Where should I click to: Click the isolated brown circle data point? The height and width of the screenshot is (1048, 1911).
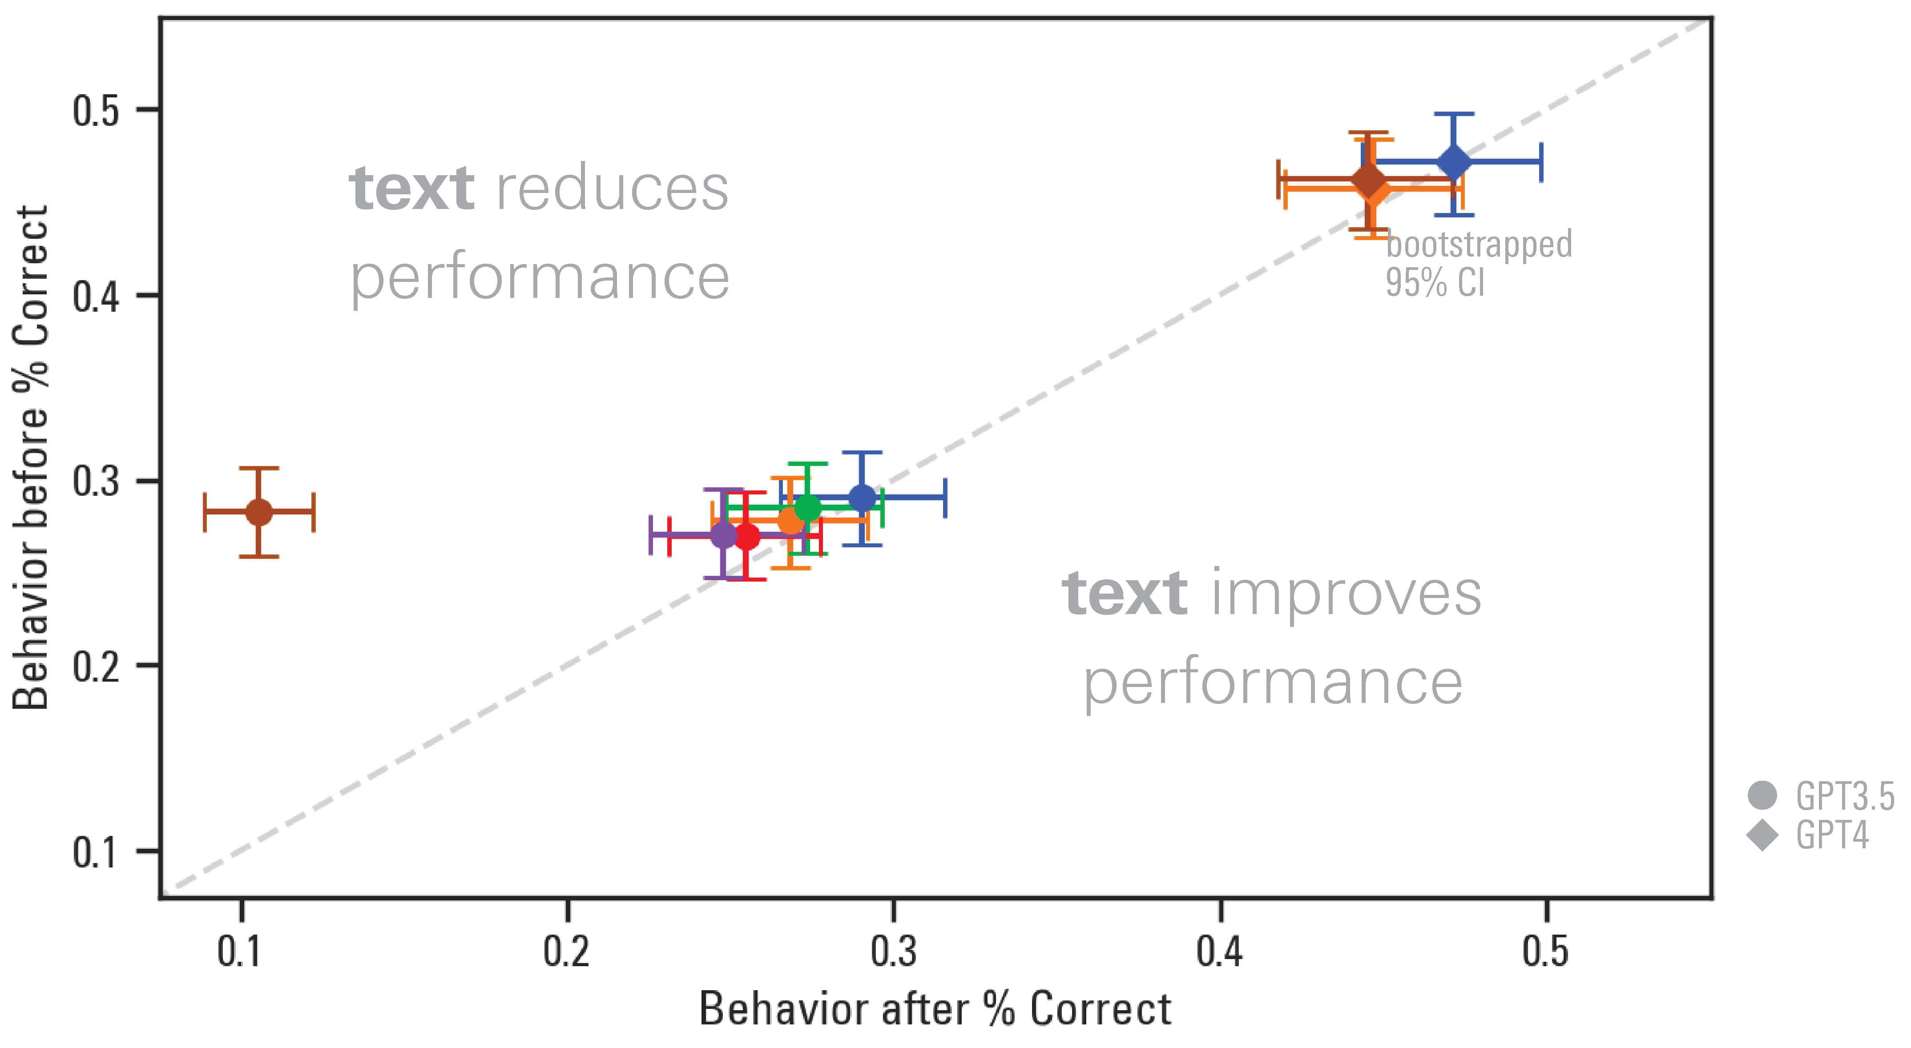259,512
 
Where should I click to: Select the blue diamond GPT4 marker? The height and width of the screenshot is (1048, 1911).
1454,162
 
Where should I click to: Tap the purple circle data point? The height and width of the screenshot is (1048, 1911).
723,535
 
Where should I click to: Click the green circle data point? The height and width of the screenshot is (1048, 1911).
808,509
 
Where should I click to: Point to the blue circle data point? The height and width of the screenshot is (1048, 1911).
862,498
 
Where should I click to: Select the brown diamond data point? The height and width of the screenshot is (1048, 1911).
1369,180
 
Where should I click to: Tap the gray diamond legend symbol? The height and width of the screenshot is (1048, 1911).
1762,835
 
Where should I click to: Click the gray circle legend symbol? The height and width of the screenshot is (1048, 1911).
1762,795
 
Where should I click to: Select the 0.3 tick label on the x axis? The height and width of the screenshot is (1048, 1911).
893,952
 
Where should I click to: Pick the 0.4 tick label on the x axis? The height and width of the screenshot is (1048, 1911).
1220,952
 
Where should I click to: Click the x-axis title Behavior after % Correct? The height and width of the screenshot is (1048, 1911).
935,1009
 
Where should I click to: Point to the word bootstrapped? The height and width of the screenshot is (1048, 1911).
1479,245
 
